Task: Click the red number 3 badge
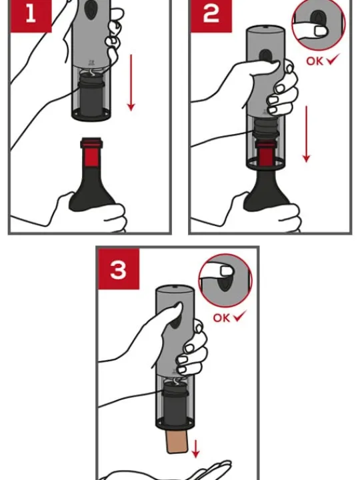(x=119, y=271)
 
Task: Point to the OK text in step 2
(x=315, y=61)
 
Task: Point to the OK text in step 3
(x=222, y=317)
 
